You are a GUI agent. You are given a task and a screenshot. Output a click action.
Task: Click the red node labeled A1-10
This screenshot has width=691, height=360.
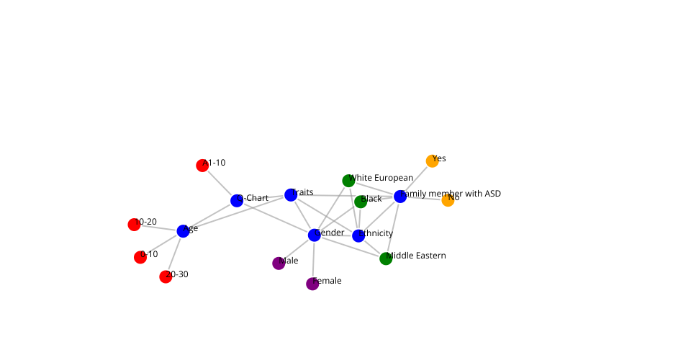coord(202,166)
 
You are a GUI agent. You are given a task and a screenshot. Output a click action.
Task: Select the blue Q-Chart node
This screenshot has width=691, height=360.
coord(237,200)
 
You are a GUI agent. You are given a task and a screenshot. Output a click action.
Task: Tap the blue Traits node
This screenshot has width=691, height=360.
coord(291,195)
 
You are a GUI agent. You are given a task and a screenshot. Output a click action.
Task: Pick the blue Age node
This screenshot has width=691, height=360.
coord(184,231)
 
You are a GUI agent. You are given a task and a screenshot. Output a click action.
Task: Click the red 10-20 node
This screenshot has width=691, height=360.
coord(134,225)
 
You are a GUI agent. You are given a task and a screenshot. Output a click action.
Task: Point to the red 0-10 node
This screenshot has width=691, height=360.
coord(140,257)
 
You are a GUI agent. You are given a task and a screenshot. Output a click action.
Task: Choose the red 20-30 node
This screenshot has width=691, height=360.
coord(166,276)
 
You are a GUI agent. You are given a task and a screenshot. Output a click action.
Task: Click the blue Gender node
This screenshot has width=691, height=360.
coord(315,235)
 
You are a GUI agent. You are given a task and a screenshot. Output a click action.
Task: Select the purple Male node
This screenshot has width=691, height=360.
coord(279,264)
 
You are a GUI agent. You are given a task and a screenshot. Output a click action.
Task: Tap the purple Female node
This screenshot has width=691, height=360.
coord(312,284)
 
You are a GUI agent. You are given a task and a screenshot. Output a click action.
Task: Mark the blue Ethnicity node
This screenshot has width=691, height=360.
coord(358,235)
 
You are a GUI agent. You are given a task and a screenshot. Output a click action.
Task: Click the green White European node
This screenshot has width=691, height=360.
coord(348,181)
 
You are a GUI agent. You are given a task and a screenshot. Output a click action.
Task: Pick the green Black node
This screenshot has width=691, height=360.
coord(361,202)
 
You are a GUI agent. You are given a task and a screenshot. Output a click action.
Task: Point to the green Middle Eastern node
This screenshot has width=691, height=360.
coord(386,258)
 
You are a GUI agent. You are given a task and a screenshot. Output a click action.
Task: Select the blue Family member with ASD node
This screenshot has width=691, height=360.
coord(400,197)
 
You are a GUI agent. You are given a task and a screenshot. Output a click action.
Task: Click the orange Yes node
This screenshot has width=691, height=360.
coord(432,161)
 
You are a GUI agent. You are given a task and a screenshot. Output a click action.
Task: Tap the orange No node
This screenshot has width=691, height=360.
coord(448,200)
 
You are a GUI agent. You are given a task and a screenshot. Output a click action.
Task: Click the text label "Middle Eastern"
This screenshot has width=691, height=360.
coord(417,256)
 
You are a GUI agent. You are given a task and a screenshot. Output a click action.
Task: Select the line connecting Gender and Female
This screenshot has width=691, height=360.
coord(313,259)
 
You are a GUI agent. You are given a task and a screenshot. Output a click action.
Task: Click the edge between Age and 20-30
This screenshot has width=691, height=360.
coord(174,254)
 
